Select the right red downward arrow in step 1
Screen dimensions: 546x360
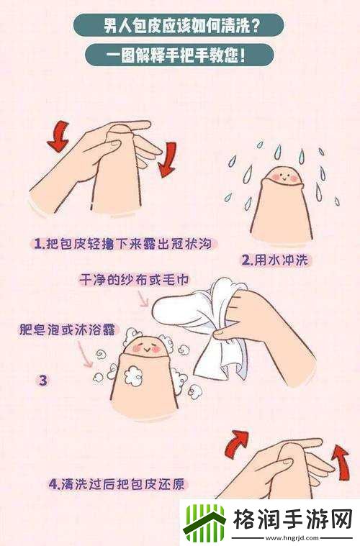pos(167,158)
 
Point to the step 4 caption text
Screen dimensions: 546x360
pos(119,483)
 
